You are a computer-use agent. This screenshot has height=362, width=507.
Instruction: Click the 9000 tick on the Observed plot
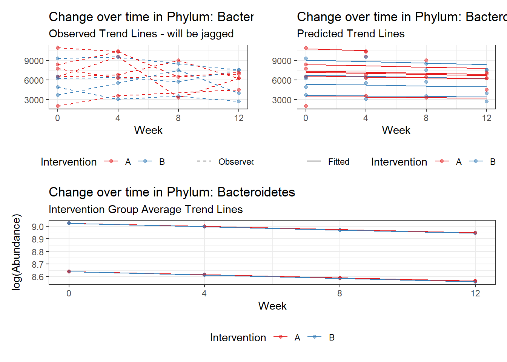pyautogui.click(x=34, y=61)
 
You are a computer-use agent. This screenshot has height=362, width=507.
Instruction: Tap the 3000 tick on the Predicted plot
pyautogui.click(x=282, y=100)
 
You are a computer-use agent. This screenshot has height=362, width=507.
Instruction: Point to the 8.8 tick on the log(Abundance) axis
pyautogui.click(x=38, y=252)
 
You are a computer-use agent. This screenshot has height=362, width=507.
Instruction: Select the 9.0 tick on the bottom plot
pyautogui.click(x=38, y=227)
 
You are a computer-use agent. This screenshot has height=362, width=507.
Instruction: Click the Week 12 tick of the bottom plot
pyautogui.click(x=475, y=293)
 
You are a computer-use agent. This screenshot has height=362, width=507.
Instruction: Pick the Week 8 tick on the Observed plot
pyautogui.click(x=178, y=118)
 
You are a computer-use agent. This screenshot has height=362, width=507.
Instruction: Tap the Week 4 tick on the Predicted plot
pyautogui.click(x=366, y=118)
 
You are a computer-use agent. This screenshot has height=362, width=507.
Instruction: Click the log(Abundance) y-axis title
pyautogui.click(x=16, y=252)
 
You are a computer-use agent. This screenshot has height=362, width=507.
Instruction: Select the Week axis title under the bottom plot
pyautogui.click(x=272, y=306)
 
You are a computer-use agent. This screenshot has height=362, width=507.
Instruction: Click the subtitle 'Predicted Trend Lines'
pyautogui.click(x=350, y=34)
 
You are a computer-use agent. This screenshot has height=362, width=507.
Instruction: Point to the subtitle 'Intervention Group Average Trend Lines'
pyautogui.click(x=146, y=210)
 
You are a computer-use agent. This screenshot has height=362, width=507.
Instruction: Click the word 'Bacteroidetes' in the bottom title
pyautogui.click(x=256, y=192)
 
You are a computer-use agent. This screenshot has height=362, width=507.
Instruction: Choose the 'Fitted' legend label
pyautogui.click(x=338, y=162)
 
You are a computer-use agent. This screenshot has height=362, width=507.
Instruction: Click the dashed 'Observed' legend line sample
pyautogui.click(x=204, y=161)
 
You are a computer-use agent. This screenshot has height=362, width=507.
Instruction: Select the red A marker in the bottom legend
pyautogui.click(x=280, y=337)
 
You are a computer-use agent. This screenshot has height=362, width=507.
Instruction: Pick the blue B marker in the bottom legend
pyautogui.click(x=315, y=337)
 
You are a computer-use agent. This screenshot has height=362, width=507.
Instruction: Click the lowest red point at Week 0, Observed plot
pyautogui.click(x=58, y=106)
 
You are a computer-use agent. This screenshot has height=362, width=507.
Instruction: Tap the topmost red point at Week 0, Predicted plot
pyautogui.click(x=306, y=48)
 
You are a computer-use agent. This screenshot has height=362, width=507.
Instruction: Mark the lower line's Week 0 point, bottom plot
pyautogui.click(x=69, y=271)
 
